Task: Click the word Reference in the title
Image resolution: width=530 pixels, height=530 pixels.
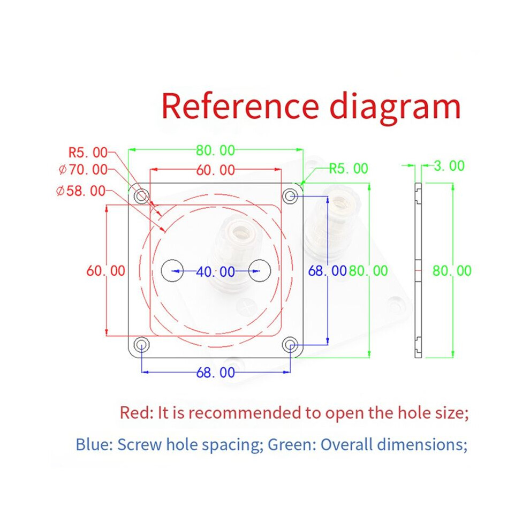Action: pos(240,106)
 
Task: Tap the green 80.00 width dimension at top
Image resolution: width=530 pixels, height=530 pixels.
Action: pos(216,150)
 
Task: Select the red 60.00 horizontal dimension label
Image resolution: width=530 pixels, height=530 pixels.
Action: pos(216,170)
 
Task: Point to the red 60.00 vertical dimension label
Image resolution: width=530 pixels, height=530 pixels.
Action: pos(106,271)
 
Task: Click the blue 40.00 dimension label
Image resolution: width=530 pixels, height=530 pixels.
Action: pos(216,272)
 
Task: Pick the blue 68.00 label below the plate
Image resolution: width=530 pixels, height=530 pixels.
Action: pos(216,373)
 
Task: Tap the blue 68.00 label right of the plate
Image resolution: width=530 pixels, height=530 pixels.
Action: pos(328,271)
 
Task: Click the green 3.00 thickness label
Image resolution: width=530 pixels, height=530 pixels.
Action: pos(449,166)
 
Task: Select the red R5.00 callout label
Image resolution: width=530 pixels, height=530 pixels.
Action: pos(88,153)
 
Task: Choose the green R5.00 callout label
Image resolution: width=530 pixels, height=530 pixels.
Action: pos(349,168)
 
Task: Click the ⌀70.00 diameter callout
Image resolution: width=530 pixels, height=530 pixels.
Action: pos(83,170)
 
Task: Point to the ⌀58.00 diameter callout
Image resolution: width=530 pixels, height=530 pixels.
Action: pos(81,191)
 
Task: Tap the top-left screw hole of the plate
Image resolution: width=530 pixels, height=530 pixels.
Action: pos(141,196)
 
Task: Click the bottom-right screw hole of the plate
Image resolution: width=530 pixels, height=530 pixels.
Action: pos(290,345)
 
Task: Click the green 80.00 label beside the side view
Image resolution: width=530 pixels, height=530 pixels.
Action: pos(452,271)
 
